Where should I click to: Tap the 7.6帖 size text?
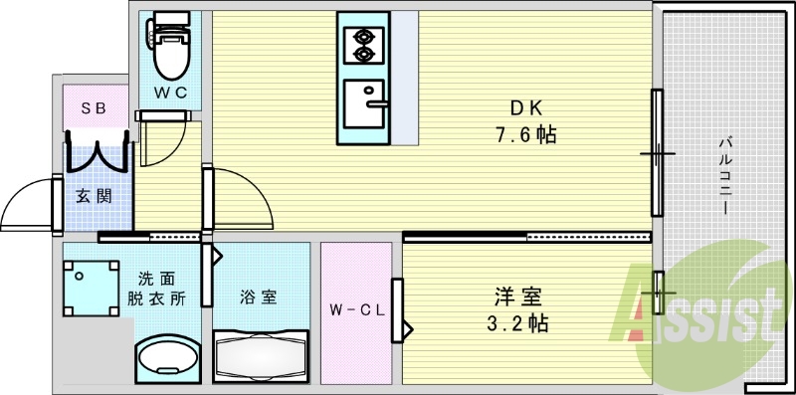pos(519,134)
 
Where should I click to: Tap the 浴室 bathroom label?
pos(257,296)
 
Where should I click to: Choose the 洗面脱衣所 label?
pos(155,289)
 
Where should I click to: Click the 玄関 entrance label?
pos(93,194)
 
